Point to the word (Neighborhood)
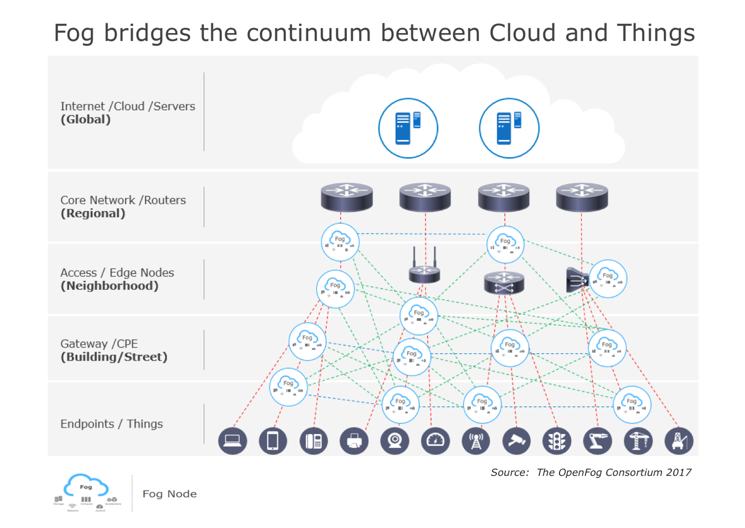[x=110, y=286]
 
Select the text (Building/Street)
[x=114, y=357]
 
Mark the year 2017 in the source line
[x=678, y=472]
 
